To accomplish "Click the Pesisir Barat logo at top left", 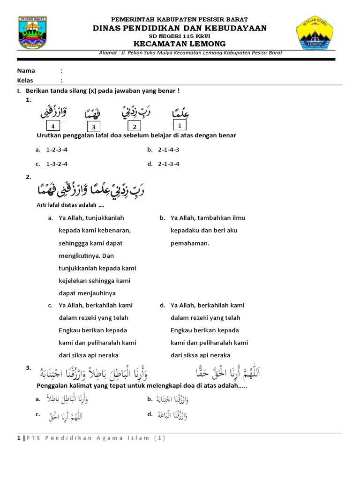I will point(34,33).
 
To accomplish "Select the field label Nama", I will point(26,71).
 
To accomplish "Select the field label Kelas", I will point(25,80).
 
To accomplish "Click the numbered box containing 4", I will point(53,127).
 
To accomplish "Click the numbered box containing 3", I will point(94,127).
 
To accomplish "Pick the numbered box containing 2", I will point(135,127).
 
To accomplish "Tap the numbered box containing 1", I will point(179,125).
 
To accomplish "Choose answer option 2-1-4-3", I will point(168,150).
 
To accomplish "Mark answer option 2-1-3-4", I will point(168,164).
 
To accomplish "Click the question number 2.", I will point(28,177).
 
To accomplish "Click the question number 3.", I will point(28,368).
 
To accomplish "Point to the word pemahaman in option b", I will point(190,243).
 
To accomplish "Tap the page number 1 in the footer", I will point(19,438).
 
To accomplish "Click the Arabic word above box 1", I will point(180,112).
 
